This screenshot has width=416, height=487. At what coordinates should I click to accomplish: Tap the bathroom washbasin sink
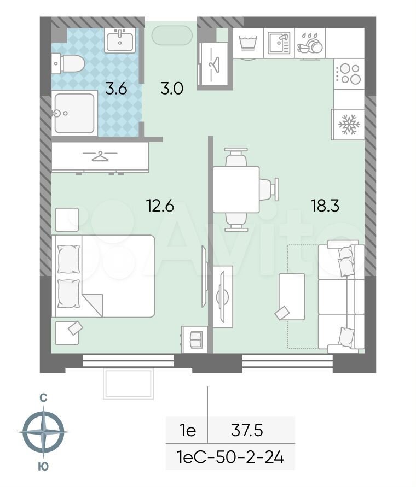click(x=120, y=40)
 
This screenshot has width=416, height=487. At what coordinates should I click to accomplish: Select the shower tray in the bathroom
click(x=74, y=113)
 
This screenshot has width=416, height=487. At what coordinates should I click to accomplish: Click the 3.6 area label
click(x=116, y=89)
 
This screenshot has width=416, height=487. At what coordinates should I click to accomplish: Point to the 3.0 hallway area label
click(x=172, y=89)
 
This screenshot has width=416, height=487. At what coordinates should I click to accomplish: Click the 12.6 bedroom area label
click(x=160, y=206)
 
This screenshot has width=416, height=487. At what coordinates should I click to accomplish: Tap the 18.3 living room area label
click(x=325, y=206)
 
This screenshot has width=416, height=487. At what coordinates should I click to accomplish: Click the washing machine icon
click(x=248, y=43)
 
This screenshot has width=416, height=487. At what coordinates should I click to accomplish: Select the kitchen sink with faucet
click(x=279, y=43)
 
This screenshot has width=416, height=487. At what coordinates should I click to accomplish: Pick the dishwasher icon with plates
click(x=310, y=44)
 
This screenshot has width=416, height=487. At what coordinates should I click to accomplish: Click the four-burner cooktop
click(x=349, y=74)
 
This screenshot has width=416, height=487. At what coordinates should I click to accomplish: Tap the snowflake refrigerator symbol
click(x=349, y=125)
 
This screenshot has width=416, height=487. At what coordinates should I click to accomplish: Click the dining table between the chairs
click(x=236, y=190)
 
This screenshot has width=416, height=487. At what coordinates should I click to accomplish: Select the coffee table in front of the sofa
click(x=292, y=297)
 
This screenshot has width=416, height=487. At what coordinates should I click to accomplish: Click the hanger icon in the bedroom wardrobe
click(x=100, y=156)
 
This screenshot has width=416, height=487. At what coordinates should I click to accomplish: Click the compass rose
click(x=44, y=432)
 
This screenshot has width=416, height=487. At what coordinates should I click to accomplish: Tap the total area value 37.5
click(x=247, y=431)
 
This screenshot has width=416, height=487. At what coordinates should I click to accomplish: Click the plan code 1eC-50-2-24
click(x=230, y=457)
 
